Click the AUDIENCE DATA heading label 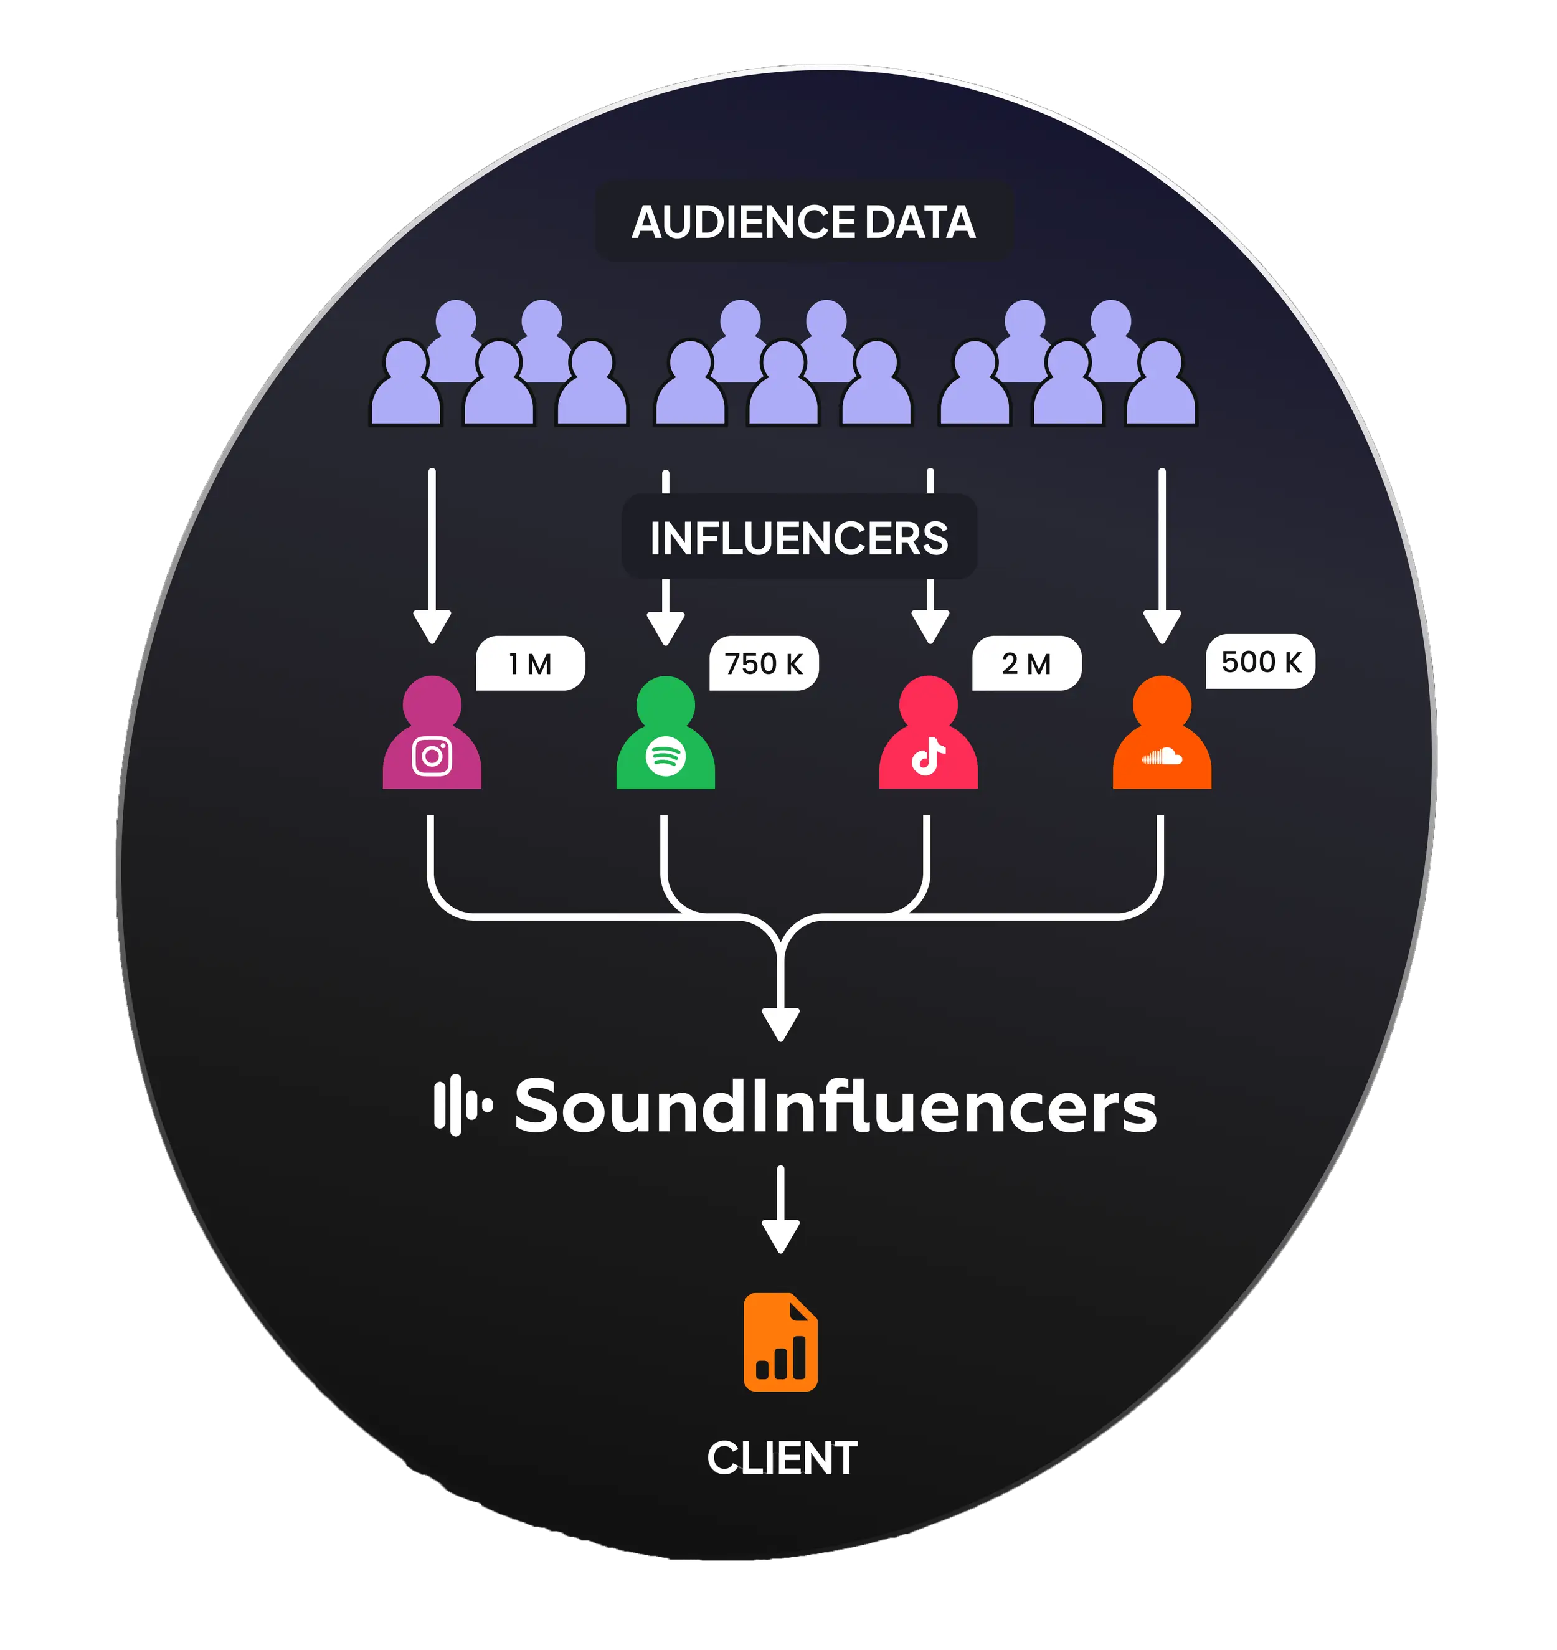803,222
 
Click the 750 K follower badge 764,664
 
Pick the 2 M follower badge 1026,664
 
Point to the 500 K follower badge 1261,662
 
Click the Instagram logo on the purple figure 432,756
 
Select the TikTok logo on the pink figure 928,756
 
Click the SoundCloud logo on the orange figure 1162,756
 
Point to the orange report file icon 780,1342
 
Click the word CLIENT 782,1458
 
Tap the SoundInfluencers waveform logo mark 462,1106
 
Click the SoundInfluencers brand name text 835,1106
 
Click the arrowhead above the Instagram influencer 432,627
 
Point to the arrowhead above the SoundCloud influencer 1162,627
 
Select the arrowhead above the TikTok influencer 930,627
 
